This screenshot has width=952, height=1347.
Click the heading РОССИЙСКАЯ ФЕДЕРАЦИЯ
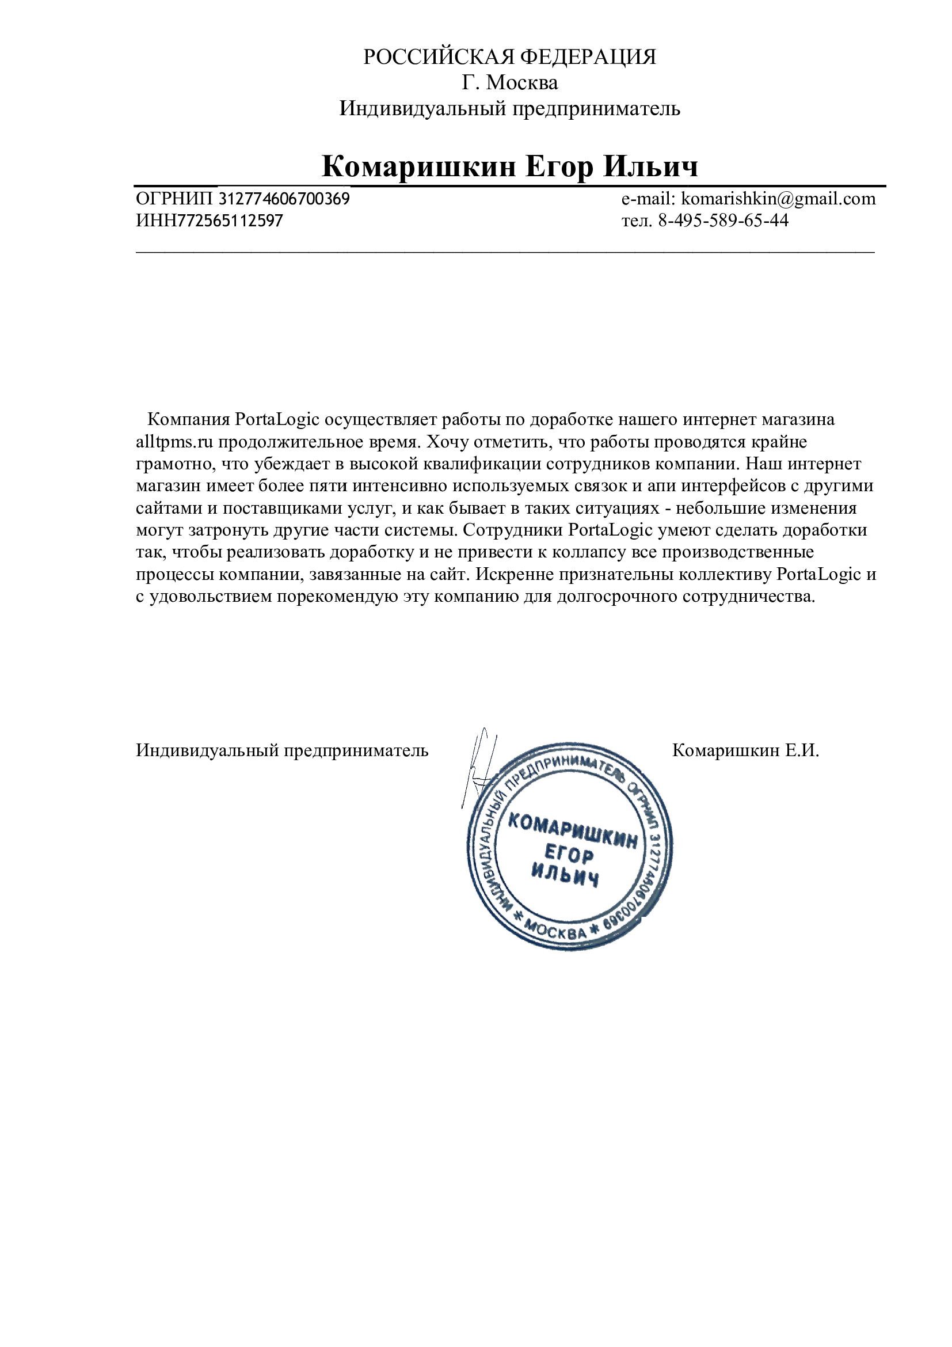509,57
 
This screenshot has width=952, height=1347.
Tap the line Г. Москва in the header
509,83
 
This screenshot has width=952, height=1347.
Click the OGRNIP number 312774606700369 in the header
284,199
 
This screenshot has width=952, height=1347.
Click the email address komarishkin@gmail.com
779,199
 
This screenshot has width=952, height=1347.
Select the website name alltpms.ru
174,442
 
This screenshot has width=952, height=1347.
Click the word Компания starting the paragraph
188,419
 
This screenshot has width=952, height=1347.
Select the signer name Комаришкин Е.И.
745,750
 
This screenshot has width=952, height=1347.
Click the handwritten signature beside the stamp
478,769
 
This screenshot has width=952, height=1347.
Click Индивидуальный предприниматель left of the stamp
282,750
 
